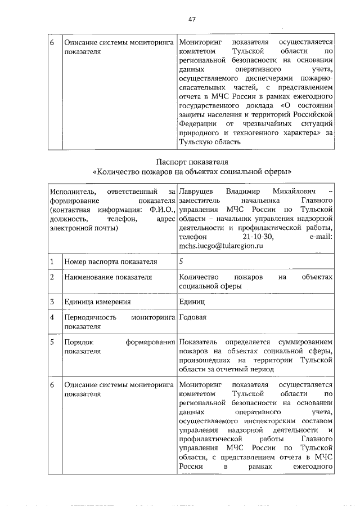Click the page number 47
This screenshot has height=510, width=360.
tap(192, 19)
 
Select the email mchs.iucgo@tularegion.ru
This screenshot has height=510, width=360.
tap(220, 246)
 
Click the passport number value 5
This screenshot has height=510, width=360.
tap(181, 261)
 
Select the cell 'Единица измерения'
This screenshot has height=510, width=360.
tap(97, 302)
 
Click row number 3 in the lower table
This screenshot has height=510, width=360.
tap(52, 302)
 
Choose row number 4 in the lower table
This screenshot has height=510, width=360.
tap(52, 318)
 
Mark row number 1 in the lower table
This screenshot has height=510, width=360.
tap(52, 262)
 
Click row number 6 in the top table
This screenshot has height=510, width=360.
tap(52, 43)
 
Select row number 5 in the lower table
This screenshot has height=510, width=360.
tap(52, 343)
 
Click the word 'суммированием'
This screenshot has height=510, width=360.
tap(304, 343)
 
